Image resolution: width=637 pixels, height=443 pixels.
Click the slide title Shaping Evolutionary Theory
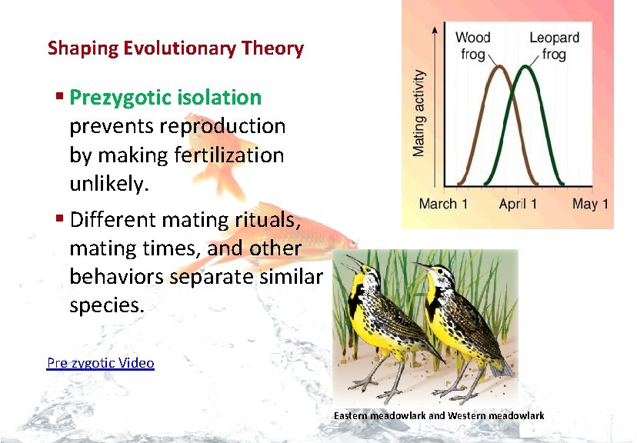[x=175, y=48]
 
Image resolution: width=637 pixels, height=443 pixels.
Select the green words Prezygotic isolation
[x=165, y=98]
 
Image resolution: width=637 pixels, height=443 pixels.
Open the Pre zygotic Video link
[x=100, y=363]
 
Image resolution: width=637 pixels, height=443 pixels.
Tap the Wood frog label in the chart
[x=473, y=45]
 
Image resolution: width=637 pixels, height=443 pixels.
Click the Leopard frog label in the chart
[x=554, y=45]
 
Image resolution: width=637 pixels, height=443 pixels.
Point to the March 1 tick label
[x=443, y=204]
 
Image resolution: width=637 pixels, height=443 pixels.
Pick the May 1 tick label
[x=590, y=204]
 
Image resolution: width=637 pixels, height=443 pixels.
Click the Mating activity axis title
[x=419, y=113]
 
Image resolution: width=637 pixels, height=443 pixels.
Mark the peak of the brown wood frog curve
[x=499, y=66]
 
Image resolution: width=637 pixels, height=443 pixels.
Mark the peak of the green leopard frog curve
[x=527, y=66]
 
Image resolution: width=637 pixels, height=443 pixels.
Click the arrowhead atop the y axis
[x=436, y=29]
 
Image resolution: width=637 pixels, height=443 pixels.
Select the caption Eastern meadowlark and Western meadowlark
[x=439, y=415]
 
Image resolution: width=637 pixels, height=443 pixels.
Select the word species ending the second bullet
[x=106, y=305]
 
